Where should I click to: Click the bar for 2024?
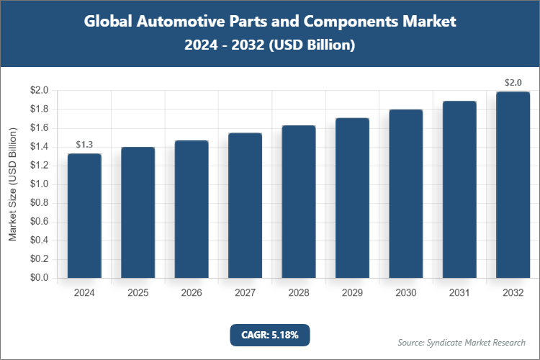pos(84,216)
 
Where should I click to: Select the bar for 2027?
pos(245,205)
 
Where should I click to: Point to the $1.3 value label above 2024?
pos(84,145)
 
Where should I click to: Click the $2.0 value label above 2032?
pos(513,83)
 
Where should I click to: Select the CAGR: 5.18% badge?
pos(269,334)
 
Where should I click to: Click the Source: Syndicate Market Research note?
pos(462,342)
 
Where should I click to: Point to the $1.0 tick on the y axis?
pos(39,184)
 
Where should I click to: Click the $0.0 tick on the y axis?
pos(39,278)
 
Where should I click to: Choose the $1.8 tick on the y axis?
pos(39,109)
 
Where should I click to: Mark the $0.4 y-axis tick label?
pos(39,240)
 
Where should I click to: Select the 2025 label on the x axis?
pos(138,293)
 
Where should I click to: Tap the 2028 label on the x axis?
pos(298,293)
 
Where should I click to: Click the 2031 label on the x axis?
pos(459,293)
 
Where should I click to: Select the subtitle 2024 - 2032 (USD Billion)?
pos(269,45)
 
